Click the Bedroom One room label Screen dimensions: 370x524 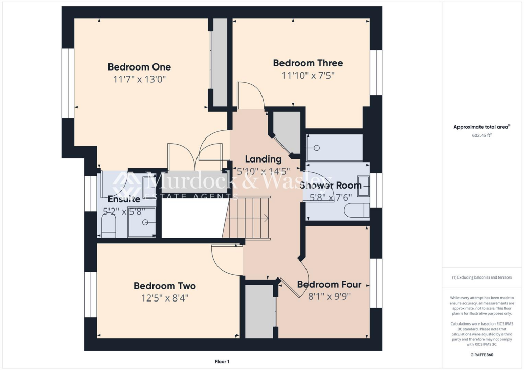(139, 67)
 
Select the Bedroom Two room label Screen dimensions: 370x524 (165, 286)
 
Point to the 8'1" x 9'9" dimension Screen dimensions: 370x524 (329, 296)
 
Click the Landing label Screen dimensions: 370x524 (263, 159)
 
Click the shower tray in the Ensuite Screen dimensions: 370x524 (141, 223)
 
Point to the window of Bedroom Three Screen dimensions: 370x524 (376, 72)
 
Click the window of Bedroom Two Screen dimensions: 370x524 (91, 294)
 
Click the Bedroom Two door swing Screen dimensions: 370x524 (225, 261)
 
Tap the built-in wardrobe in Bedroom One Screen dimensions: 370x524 (220, 61)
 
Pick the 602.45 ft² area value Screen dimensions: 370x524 (482, 136)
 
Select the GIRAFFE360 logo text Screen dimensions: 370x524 (482, 355)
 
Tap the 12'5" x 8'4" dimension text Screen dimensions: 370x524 (165, 297)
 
